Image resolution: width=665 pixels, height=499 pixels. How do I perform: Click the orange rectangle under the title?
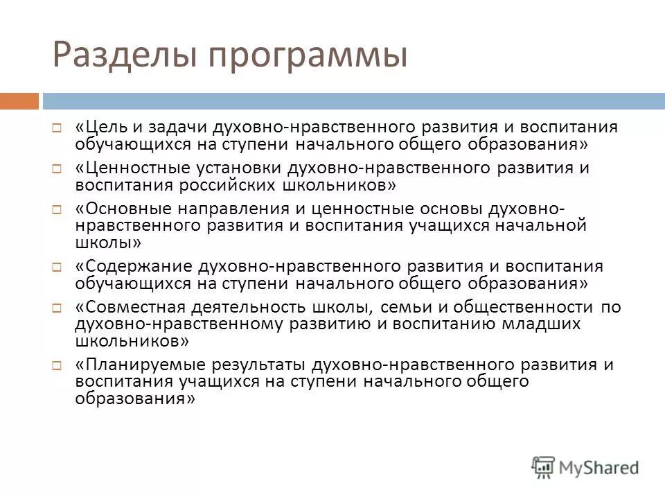19,101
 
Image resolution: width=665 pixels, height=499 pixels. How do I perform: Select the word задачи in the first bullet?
164,128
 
